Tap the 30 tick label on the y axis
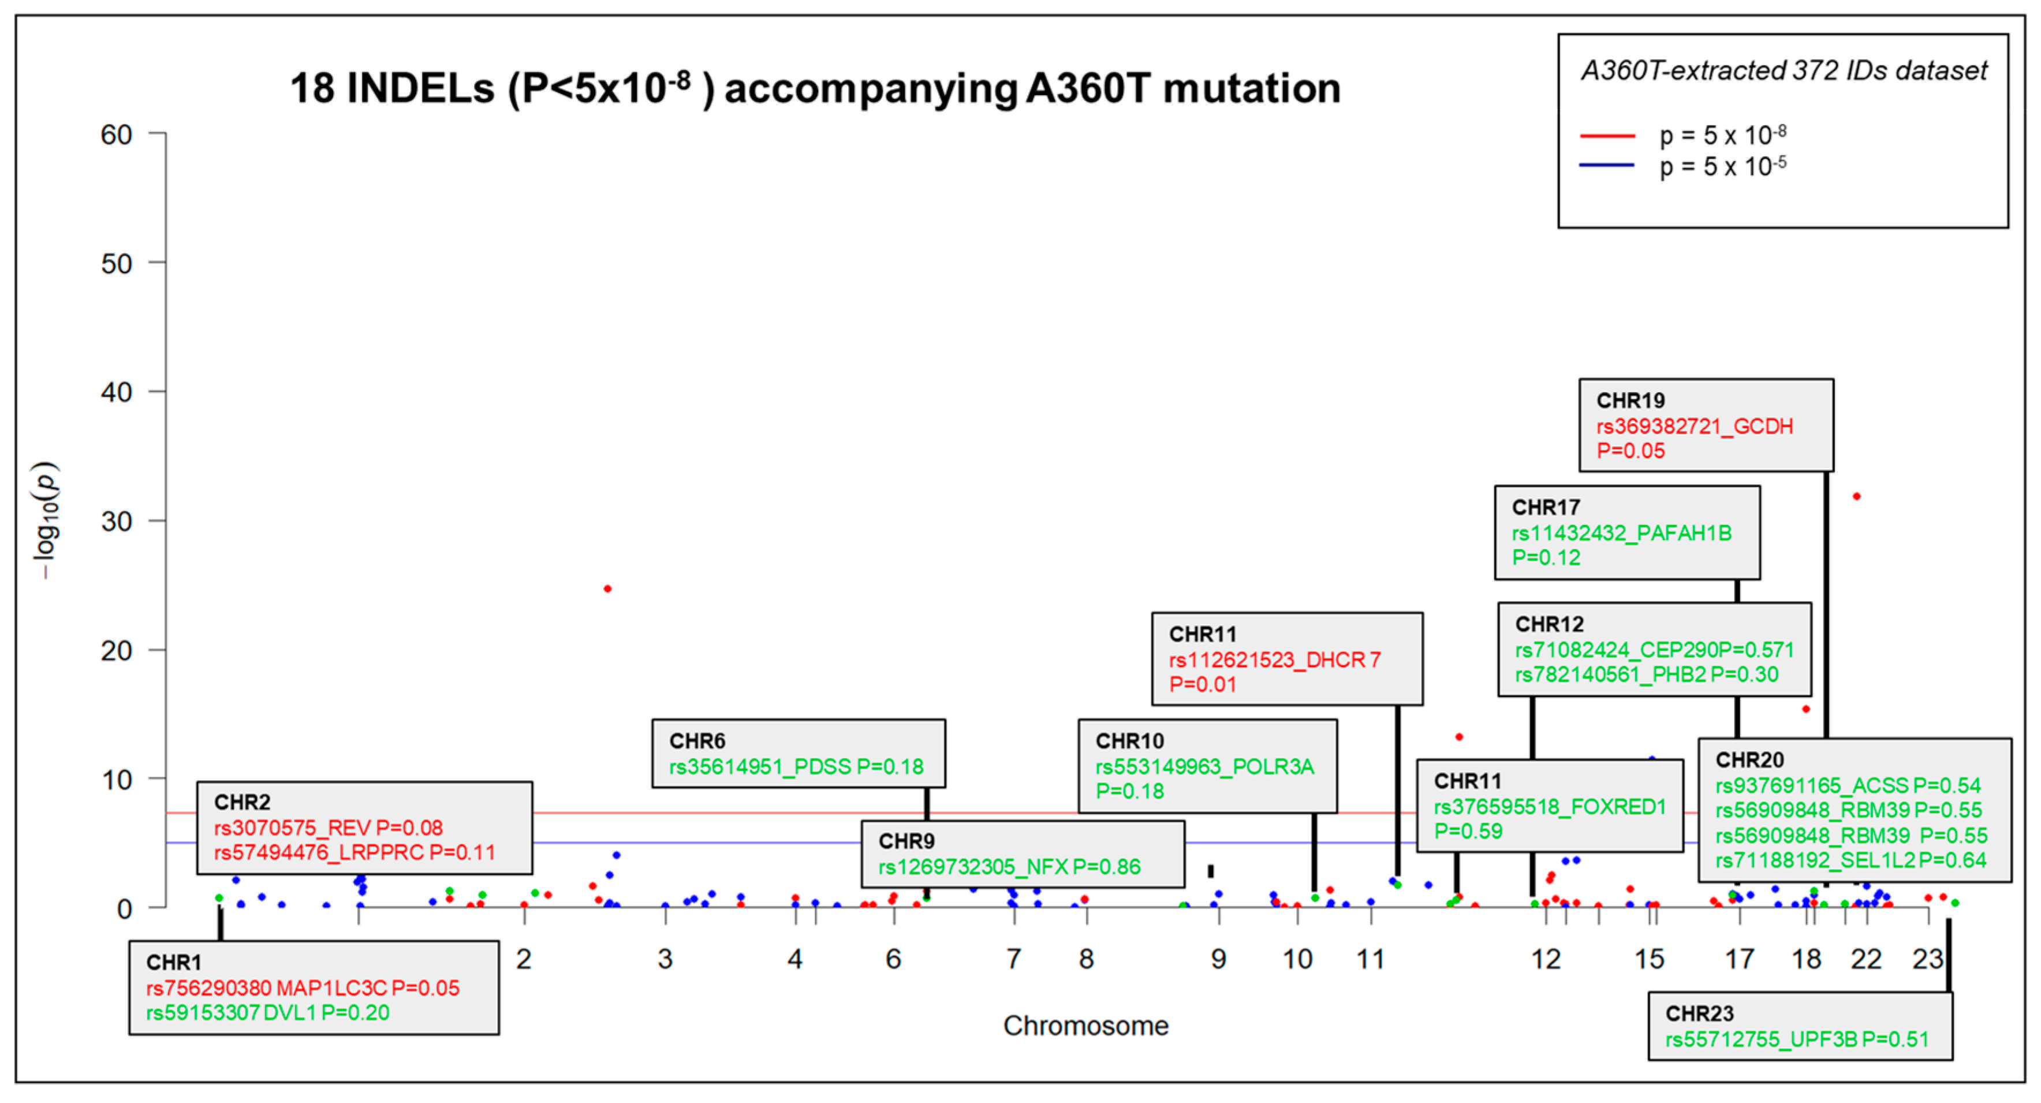(117, 521)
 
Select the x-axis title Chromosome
(1085, 1026)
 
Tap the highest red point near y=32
(1856, 497)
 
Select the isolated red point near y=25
(608, 588)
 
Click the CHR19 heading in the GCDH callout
(1630, 401)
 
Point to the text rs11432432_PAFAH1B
(1621, 533)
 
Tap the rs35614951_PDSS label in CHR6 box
(760, 767)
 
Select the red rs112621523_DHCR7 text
(1275, 660)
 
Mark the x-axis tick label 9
(1219, 960)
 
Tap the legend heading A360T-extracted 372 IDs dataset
(1784, 71)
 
